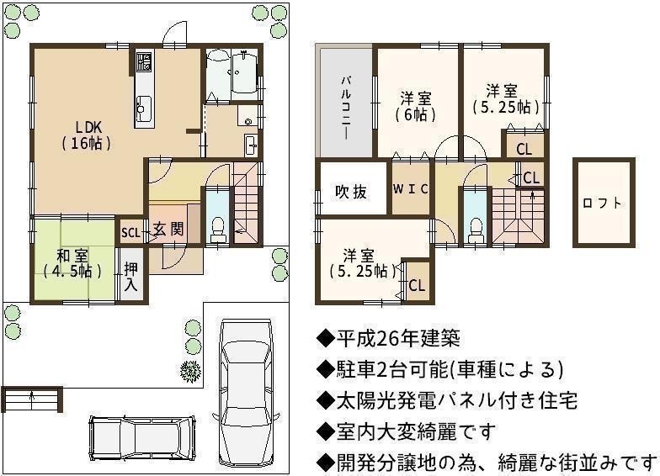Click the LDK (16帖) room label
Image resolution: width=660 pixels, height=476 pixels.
[88, 135]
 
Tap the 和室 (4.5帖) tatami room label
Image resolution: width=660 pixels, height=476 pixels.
[72, 264]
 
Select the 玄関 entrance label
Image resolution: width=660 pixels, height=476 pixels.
[168, 229]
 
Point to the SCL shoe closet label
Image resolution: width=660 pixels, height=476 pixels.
[131, 232]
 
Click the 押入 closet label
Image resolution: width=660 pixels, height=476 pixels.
[131, 277]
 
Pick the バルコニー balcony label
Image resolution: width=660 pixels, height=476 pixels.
[346, 108]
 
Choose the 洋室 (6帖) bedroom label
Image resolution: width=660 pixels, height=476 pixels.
[416, 106]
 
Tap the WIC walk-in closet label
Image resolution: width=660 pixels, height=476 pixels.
[411, 188]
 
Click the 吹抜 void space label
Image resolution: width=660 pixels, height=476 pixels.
[351, 192]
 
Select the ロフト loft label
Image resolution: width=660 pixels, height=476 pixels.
[603, 204]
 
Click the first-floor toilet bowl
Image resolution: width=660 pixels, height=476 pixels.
[217, 229]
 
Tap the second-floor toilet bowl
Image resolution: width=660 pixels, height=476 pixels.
[476, 230]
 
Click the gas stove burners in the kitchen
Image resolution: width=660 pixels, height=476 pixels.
[144, 62]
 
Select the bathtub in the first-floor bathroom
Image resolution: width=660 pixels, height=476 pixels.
[244, 72]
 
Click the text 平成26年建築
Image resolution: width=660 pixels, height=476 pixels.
[397, 338]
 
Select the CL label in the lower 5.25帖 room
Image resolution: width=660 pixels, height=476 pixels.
[418, 286]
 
